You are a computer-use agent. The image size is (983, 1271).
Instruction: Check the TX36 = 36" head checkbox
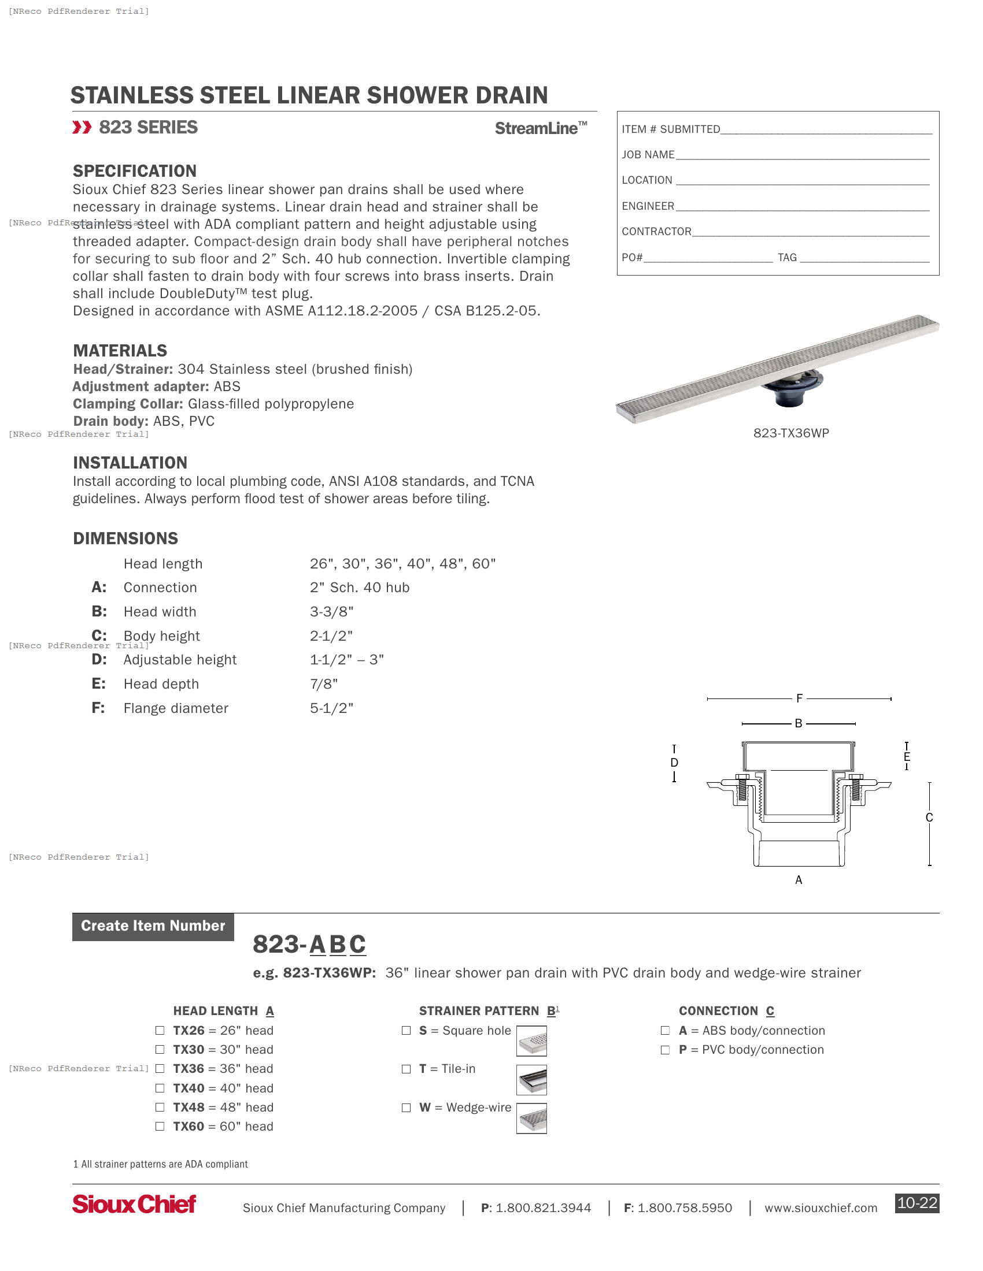160,1068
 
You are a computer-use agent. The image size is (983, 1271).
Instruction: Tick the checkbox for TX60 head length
160,1126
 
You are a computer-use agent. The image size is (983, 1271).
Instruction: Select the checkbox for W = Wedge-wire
406,1108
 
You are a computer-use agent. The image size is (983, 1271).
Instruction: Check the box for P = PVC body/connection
665,1050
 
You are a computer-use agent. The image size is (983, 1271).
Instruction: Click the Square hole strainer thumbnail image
531,1041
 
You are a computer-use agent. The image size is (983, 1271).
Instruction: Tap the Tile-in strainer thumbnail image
531,1080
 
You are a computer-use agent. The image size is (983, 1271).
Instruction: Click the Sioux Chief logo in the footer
134,1204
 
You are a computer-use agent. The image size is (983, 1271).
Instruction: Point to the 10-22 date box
917,1203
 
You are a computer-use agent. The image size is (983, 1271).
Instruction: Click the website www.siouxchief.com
820,1207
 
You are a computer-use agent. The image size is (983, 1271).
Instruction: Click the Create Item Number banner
153,926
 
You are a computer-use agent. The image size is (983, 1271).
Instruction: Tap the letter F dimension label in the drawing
799,698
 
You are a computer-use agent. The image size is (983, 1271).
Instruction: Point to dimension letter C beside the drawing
929,817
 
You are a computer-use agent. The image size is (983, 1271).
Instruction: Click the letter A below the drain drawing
799,880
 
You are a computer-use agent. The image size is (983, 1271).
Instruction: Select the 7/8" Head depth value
323,684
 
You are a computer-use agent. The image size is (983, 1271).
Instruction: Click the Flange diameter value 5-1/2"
331,708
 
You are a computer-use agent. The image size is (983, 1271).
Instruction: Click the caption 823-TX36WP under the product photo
791,433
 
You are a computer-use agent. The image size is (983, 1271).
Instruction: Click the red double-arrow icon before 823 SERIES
82,128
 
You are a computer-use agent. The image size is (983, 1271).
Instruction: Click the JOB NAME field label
648,155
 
